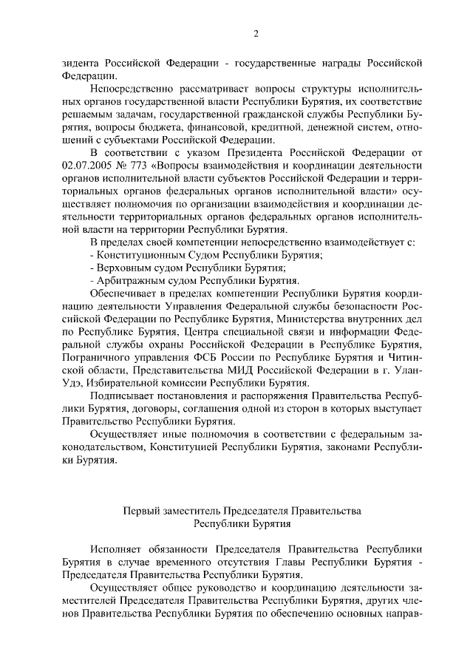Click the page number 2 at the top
256,33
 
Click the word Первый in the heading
138,511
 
